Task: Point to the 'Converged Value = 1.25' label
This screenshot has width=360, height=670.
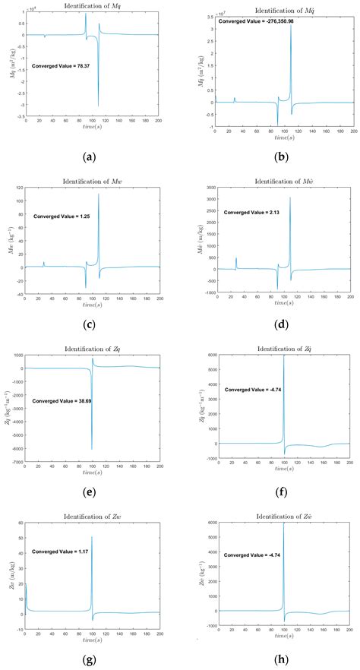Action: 62,216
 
